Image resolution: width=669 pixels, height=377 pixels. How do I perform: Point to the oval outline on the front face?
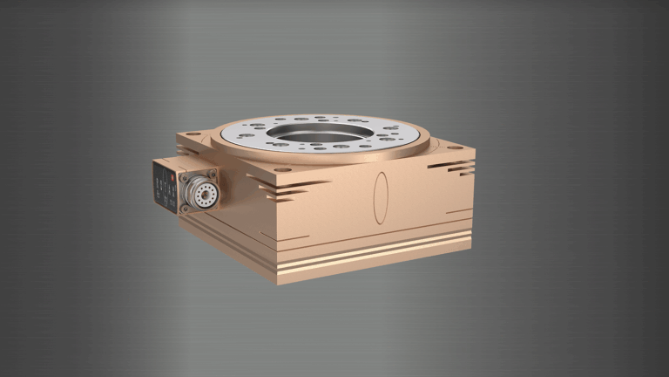click(381, 196)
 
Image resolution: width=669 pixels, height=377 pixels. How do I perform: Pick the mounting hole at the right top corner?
click(455, 147)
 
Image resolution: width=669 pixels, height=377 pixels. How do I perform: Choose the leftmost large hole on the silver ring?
click(247, 135)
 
